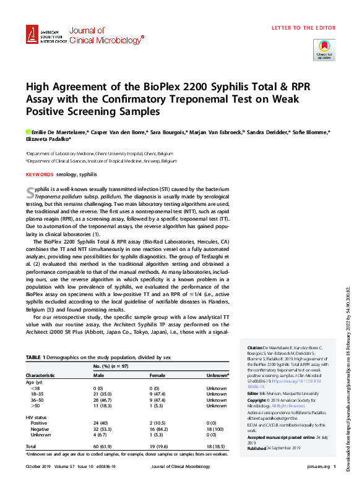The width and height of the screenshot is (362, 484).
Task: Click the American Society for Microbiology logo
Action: [x=46, y=35]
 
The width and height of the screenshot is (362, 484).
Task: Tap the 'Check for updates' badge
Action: [x=324, y=49]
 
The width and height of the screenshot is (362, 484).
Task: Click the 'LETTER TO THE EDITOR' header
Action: [x=304, y=28]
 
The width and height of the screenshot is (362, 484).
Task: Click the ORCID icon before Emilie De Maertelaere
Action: [x=28, y=132]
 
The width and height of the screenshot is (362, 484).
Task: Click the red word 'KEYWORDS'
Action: [x=39, y=174]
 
